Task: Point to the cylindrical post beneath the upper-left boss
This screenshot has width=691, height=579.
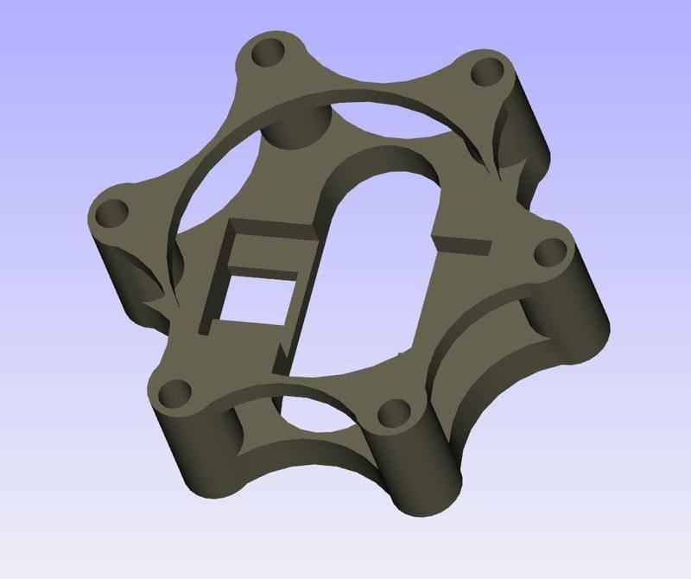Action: (x=294, y=130)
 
